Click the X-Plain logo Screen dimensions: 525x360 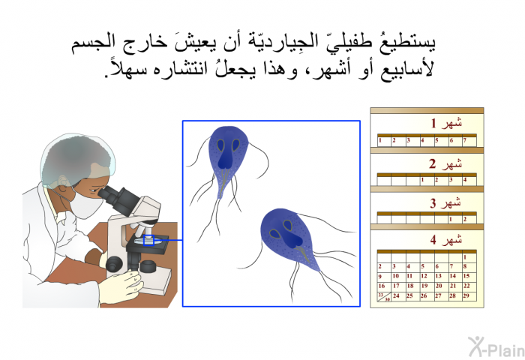click(496, 347)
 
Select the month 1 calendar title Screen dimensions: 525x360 click(446, 123)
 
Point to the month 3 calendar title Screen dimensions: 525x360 click(445, 202)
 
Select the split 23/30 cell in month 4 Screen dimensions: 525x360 click(384, 297)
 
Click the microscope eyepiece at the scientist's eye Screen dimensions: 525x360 click(109, 195)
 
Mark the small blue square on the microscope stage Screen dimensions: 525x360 click(148, 240)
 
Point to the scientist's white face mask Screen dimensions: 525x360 click(85, 204)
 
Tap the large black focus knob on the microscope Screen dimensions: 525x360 click(115, 264)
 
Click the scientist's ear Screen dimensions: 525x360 click(64, 181)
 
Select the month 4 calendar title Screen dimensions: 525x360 click(446, 240)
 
